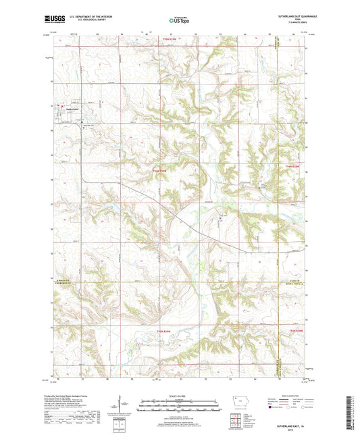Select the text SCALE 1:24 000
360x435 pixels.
pyautogui.click(x=180, y=395)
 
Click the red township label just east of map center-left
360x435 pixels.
pyautogui.click(x=159, y=172)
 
